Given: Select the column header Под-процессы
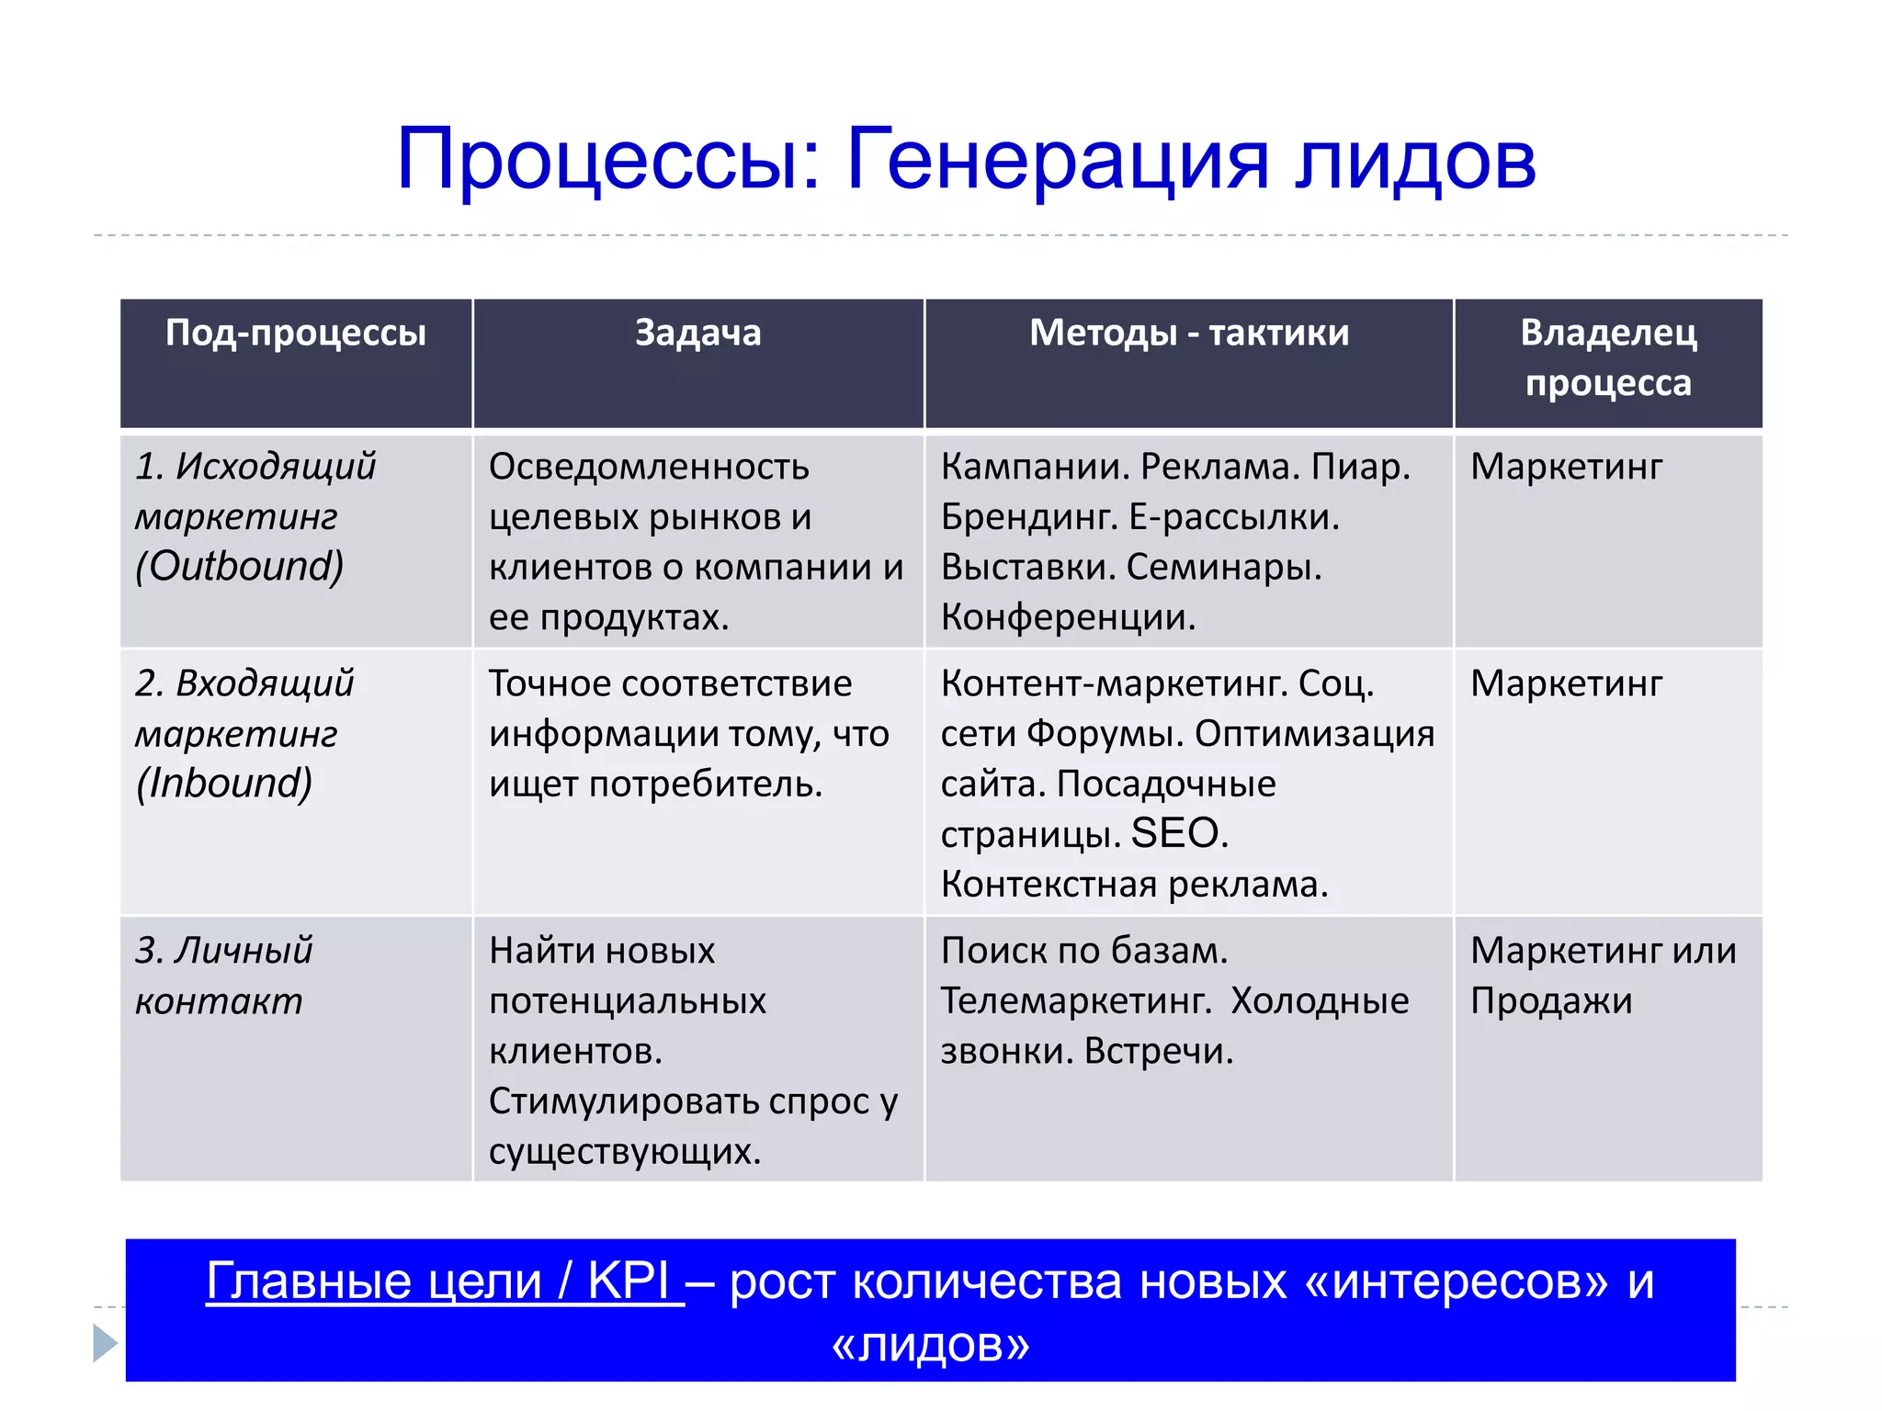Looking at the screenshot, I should tap(296, 333).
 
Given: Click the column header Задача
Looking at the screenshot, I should tap(698, 333).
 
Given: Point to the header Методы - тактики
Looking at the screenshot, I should tap(1189, 333).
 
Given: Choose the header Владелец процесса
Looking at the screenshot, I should tap(1608, 357).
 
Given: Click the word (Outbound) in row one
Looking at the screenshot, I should tap(240, 566).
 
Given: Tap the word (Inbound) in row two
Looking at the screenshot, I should tap(225, 783).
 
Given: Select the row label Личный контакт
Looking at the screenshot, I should tap(223, 975).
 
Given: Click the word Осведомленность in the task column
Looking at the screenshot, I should tap(649, 467).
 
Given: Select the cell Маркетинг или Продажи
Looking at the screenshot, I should tap(1604, 975).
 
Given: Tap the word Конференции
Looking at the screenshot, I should tap(1068, 616).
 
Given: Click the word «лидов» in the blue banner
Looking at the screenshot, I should tap(930, 1344).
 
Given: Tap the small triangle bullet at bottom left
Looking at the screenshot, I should tap(106, 1343).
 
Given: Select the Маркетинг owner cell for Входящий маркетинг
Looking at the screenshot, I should tap(1566, 683).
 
